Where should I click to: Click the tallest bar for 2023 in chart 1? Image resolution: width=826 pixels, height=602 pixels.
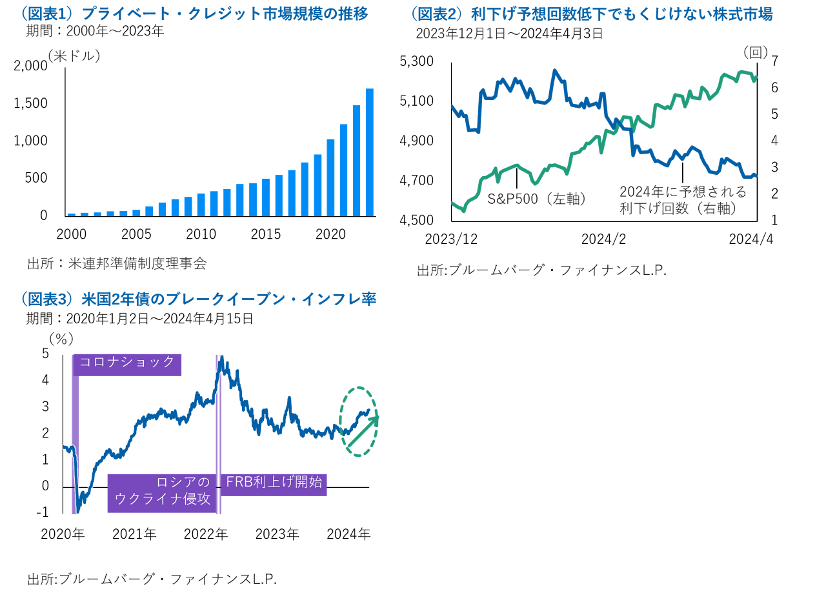tap(369, 152)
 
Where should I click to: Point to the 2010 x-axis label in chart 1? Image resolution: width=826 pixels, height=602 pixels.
tap(201, 234)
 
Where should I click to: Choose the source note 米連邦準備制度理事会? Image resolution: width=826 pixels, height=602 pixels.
tap(117, 263)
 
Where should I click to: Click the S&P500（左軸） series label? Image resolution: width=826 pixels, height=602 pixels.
tap(536, 199)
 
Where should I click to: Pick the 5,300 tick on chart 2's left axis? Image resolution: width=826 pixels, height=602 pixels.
tap(418, 62)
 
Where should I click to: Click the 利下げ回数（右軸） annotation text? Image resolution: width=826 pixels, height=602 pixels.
tap(678, 208)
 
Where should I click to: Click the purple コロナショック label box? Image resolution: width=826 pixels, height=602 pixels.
tap(128, 363)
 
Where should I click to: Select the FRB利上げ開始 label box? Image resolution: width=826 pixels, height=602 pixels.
tap(274, 483)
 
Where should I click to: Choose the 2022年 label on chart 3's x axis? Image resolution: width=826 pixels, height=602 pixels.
tap(205, 534)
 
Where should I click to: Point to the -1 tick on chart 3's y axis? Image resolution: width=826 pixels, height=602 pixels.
tap(43, 513)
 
